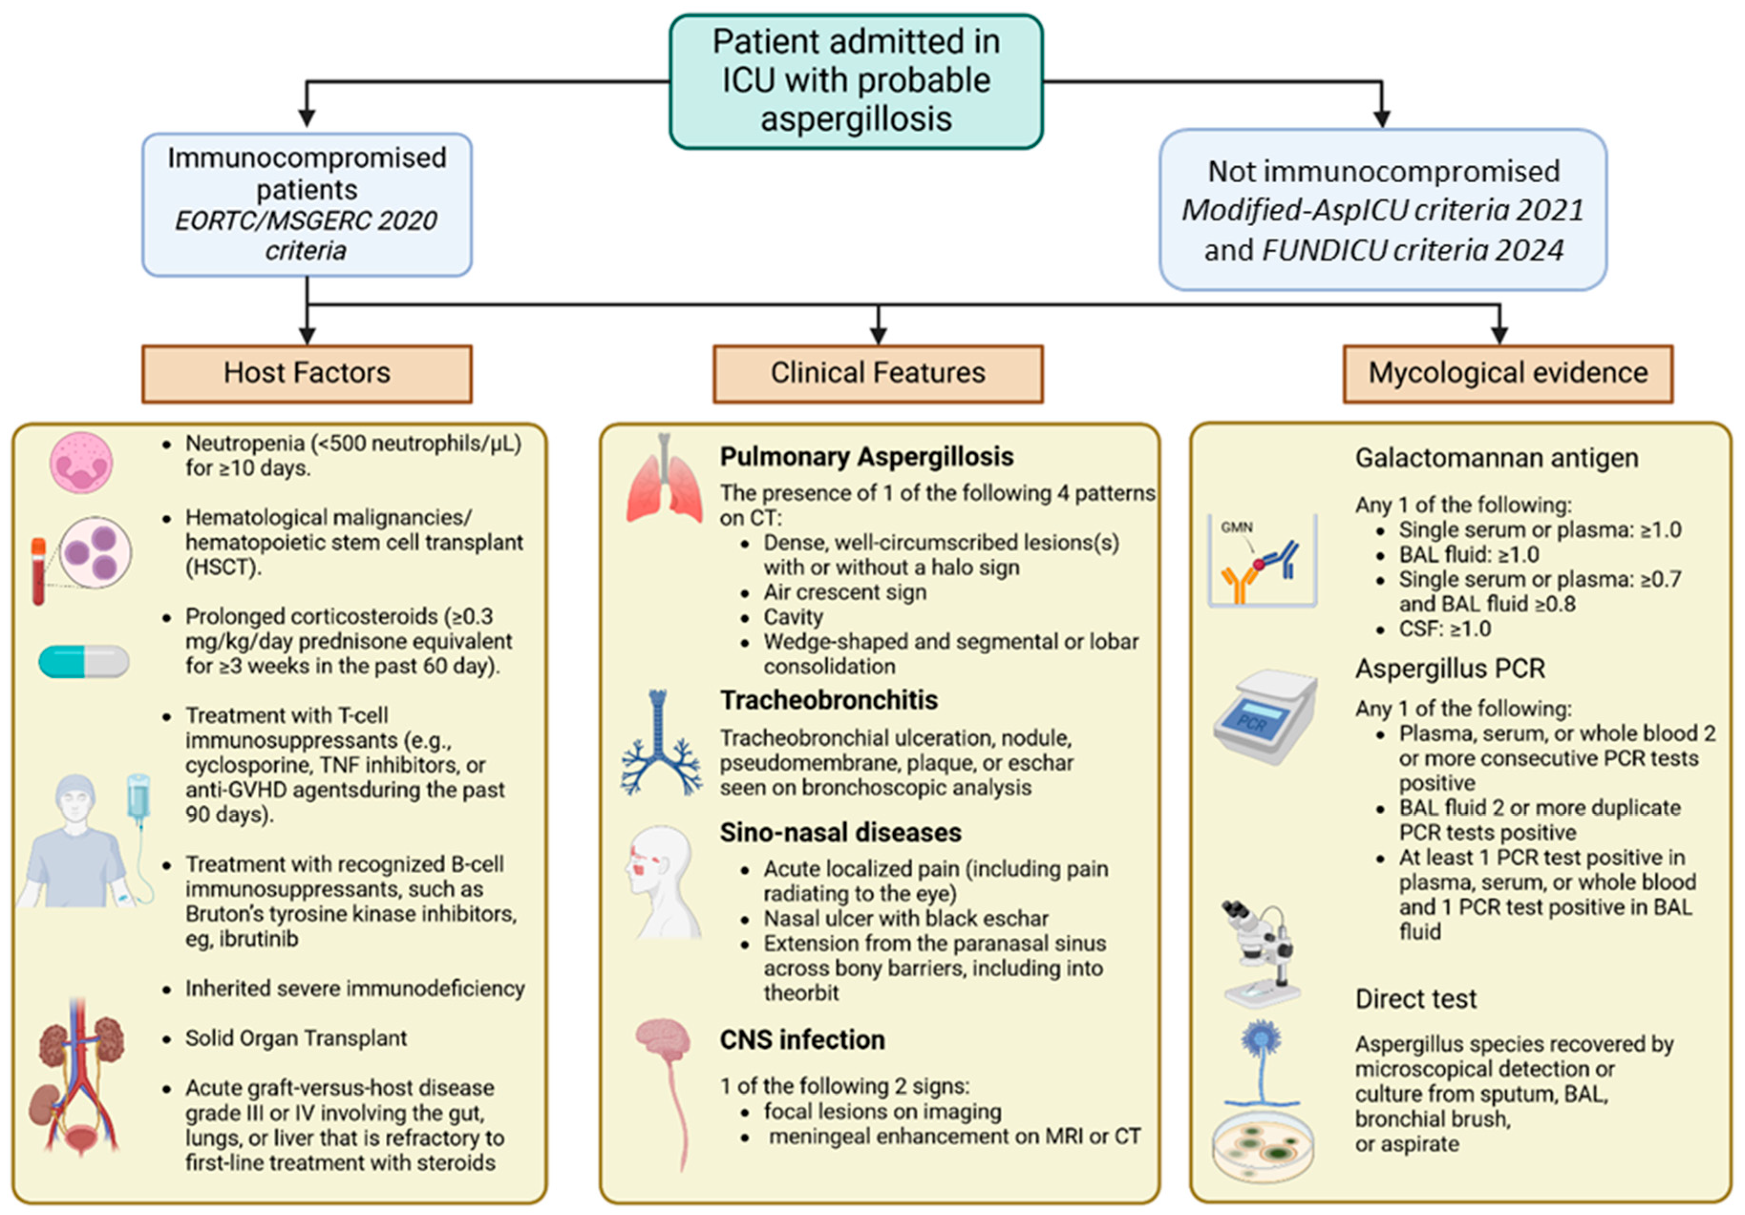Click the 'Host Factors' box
[307, 373]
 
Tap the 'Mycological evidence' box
[1507, 373]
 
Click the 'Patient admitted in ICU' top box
[856, 81]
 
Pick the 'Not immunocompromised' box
[1383, 209]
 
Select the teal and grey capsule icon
[84, 662]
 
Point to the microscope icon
[1258, 953]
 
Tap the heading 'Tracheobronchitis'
[828, 700]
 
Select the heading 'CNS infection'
[802, 1039]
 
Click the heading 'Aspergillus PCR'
[1450, 669]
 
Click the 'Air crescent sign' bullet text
[845, 592]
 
